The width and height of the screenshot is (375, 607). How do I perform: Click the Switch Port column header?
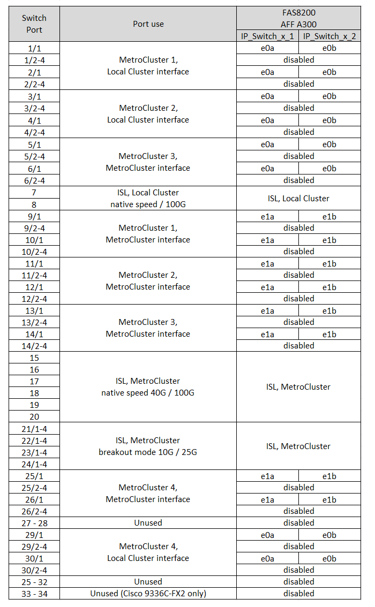[x=34, y=24]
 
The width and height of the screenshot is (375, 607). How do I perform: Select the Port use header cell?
[x=148, y=24]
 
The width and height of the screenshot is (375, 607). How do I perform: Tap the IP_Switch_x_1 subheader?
[x=267, y=36]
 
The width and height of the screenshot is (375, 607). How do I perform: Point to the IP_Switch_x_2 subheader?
[x=329, y=36]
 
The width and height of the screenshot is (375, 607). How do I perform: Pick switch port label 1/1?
[x=34, y=48]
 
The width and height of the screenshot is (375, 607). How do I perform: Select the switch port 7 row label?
[x=34, y=192]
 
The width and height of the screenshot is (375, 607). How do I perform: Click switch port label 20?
[x=34, y=416]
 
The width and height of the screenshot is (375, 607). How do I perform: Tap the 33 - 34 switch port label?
[x=34, y=593]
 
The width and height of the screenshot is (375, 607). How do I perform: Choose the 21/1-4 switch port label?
[x=34, y=429]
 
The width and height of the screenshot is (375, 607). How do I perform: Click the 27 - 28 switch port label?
[x=34, y=522]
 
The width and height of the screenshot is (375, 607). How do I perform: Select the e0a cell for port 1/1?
[x=267, y=48]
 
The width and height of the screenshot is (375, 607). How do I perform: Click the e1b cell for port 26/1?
[x=329, y=499]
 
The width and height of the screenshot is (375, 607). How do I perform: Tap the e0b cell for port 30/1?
[x=329, y=558]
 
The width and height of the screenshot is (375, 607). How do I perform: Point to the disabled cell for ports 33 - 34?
[x=298, y=593]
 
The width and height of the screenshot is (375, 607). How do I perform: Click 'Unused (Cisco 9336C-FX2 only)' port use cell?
[x=148, y=593]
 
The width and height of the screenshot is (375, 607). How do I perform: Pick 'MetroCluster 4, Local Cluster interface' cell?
[x=148, y=552]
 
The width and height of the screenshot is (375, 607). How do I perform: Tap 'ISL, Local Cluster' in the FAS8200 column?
[x=298, y=198]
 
